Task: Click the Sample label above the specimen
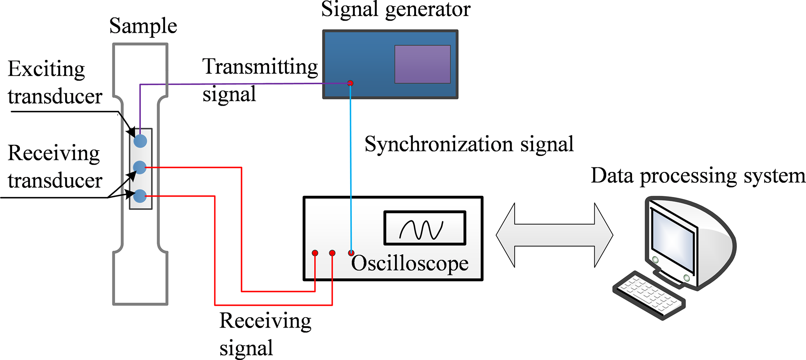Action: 143,26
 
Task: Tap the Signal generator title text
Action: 395,9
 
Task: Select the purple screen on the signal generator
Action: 422,64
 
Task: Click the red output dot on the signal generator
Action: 350,83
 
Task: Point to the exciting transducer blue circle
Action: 140,141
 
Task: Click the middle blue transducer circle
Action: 140,168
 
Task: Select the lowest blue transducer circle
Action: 140,196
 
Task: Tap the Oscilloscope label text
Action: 410,263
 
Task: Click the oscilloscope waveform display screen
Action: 425,228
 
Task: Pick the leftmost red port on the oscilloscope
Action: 315,253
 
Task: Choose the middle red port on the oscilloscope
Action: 332,253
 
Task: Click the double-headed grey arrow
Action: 554,235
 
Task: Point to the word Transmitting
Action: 260,67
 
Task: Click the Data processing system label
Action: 698,176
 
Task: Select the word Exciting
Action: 46,69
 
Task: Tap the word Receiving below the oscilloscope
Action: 265,321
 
